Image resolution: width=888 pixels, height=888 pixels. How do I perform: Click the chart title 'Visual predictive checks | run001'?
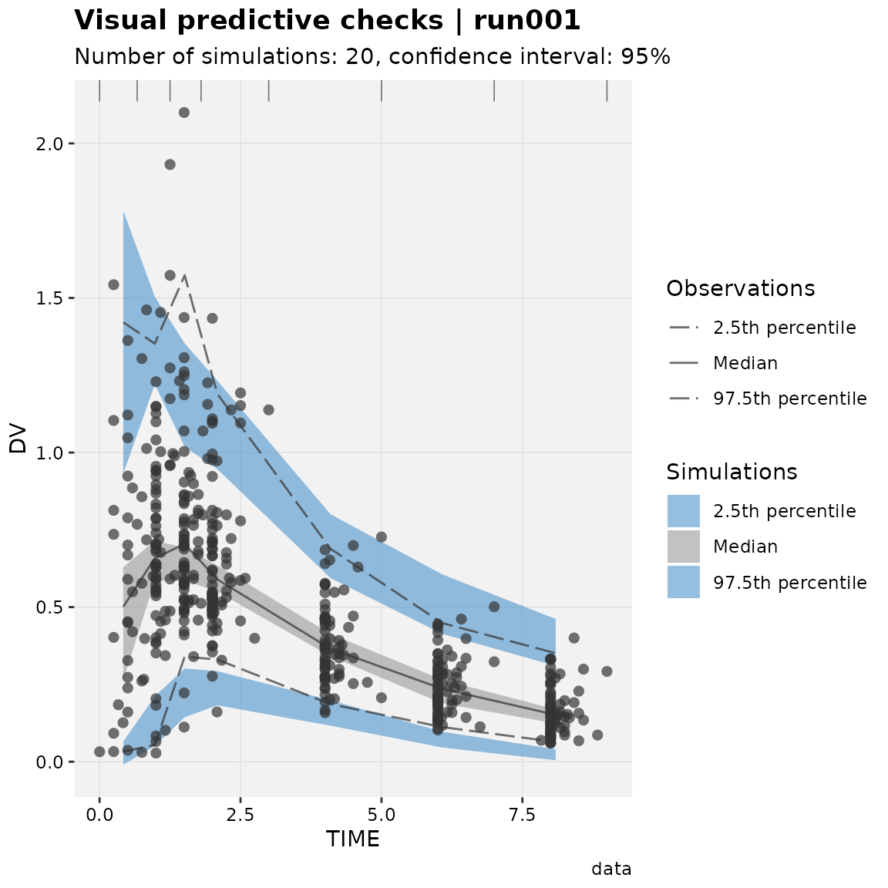(328, 21)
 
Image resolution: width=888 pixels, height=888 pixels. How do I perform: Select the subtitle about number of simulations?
(372, 56)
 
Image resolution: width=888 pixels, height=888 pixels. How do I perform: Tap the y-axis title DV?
(18, 438)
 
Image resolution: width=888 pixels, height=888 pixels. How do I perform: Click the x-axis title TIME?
(353, 839)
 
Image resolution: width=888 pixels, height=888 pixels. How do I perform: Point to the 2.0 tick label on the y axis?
(48, 144)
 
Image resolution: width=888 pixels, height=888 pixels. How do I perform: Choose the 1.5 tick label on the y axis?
(48, 298)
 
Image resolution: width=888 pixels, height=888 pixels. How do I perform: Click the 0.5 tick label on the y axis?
(48, 607)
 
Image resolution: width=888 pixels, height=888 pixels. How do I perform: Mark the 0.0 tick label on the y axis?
(48, 762)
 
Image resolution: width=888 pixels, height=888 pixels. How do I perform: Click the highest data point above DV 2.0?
(184, 113)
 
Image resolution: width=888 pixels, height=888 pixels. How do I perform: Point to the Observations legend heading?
(740, 288)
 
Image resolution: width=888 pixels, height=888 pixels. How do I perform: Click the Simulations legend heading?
(732, 472)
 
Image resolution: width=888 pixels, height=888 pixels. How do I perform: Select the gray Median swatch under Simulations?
(684, 547)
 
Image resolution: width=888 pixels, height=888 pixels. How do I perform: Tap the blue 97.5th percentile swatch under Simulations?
(684, 582)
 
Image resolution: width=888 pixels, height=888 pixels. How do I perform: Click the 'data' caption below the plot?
(611, 868)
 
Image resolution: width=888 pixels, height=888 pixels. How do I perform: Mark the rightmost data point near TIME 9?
(607, 671)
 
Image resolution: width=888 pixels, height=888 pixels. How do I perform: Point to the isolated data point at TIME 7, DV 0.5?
(494, 607)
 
